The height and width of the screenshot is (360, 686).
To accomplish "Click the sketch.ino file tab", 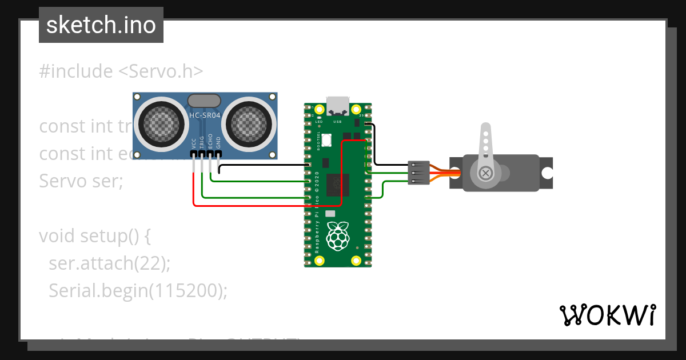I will (x=101, y=25).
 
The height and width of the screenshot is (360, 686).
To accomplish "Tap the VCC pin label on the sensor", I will (x=194, y=143).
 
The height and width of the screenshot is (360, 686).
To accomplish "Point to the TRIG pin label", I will (x=202, y=142).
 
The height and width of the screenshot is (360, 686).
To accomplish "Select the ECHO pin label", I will (x=210, y=142).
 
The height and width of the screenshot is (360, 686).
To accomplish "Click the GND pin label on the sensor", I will (x=218, y=143).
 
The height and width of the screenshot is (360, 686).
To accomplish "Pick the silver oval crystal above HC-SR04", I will (x=204, y=101).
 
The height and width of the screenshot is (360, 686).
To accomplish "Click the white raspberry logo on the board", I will (x=338, y=235).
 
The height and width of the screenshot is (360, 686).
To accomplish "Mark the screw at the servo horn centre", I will (x=486, y=173).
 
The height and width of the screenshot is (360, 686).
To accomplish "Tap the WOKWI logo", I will (x=607, y=315).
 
